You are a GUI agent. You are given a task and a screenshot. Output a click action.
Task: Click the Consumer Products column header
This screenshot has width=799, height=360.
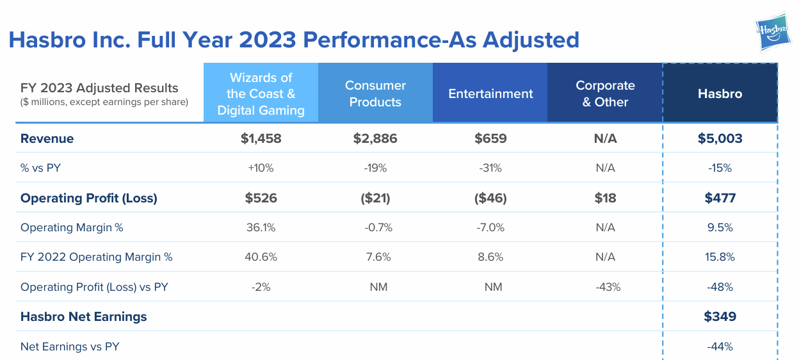pyautogui.click(x=375, y=94)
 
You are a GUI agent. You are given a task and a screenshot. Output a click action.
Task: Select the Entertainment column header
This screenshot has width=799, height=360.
pyautogui.click(x=490, y=94)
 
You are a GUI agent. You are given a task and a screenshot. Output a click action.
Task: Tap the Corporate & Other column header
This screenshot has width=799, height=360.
pyautogui.click(x=605, y=94)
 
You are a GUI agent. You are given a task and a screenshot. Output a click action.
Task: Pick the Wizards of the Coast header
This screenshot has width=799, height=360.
pyautogui.click(x=261, y=94)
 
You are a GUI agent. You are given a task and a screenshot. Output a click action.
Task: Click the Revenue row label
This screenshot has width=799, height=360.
pyautogui.click(x=47, y=138)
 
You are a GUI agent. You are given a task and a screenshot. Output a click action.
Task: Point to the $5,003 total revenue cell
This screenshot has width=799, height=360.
pyautogui.click(x=720, y=138)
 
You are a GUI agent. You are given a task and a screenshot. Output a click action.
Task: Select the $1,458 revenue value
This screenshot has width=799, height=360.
pyautogui.click(x=261, y=138)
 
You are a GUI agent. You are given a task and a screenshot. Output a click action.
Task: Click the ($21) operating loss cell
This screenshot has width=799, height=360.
pyautogui.click(x=375, y=198)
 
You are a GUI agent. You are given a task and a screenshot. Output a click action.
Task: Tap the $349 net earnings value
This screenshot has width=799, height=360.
pyautogui.click(x=720, y=316)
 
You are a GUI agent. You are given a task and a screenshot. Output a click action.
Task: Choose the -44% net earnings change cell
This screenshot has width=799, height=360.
pyautogui.click(x=720, y=347)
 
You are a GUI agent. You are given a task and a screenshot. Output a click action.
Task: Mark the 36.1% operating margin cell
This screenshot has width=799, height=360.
pyautogui.click(x=261, y=227)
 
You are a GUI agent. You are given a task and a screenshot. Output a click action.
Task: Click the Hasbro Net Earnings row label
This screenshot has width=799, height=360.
pyautogui.click(x=83, y=316)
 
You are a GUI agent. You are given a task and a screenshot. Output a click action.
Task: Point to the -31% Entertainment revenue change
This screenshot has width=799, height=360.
pyautogui.click(x=490, y=168)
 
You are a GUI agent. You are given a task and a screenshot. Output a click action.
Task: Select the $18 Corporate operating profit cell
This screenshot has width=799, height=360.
pyautogui.click(x=605, y=198)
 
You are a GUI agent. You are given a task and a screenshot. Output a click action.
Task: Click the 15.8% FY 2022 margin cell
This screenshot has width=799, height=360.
pyautogui.click(x=720, y=257)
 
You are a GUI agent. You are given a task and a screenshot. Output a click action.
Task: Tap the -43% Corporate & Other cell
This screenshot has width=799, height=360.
pyautogui.click(x=605, y=287)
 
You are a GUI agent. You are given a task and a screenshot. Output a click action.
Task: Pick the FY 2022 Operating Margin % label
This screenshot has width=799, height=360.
pyautogui.click(x=96, y=257)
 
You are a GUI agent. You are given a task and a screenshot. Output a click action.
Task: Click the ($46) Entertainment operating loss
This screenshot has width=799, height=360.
pyautogui.click(x=490, y=198)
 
